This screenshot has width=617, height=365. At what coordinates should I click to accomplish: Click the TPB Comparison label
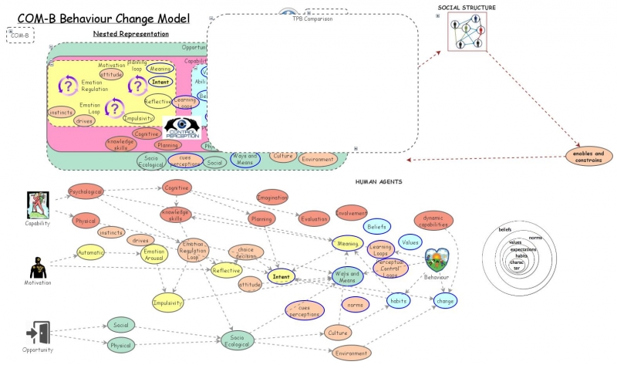[x=312, y=19]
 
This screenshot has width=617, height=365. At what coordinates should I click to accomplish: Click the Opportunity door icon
[x=37, y=333]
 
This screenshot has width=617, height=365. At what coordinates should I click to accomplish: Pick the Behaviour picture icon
[x=437, y=260]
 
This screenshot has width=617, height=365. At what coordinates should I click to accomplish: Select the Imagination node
[x=271, y=198]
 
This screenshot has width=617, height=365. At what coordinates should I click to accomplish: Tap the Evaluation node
[x=313, y=218]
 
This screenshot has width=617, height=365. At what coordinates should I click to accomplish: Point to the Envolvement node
[x=351, y=212]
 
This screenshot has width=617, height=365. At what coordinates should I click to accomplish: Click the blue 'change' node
[x=445, y=300]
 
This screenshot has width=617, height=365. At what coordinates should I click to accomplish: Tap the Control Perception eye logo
[x=182, y=127]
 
